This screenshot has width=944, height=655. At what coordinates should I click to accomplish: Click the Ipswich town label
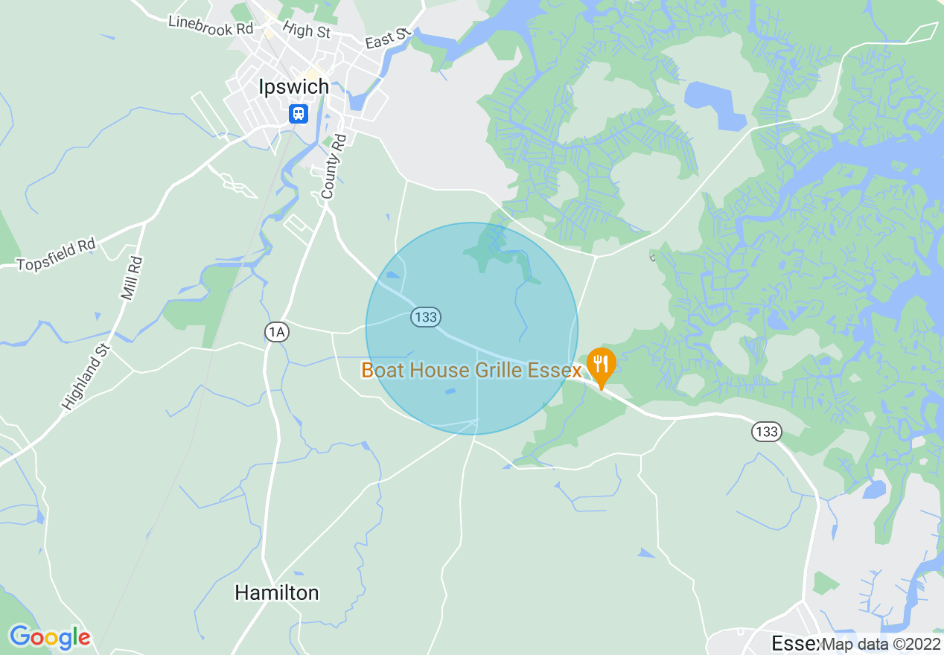(293, 87)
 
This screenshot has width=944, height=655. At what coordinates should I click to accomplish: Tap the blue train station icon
(298, 113)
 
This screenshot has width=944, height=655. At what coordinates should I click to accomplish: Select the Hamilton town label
(277, 592)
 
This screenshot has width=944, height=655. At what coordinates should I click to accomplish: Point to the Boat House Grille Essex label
(471, 370)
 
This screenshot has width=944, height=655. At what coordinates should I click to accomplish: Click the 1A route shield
(277, 332)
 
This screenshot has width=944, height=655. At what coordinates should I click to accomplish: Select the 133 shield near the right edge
(765, 431)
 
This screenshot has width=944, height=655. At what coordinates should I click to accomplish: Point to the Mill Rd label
(132, 278)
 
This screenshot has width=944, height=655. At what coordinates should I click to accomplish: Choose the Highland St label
(87, 377)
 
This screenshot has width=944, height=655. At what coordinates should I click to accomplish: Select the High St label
(307, 31)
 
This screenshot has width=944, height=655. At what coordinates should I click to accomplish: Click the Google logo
(50, 637)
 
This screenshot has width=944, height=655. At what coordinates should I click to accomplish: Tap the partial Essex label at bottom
(794, 644)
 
